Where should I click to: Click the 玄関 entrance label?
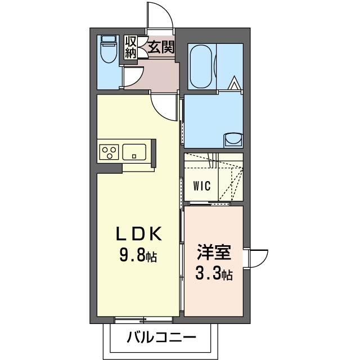[x=161, y=47]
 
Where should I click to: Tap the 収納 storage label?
[x=130, y=47]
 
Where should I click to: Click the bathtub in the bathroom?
[x=200, y=66]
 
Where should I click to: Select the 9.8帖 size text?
[x=138, y=256]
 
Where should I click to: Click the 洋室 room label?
[x=214, y=251]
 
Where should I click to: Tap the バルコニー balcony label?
[x=160, y=339]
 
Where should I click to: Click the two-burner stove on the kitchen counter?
[x=109, y=152]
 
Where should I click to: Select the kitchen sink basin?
[x=135, y=151]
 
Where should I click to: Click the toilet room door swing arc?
[x=134, y=77]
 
